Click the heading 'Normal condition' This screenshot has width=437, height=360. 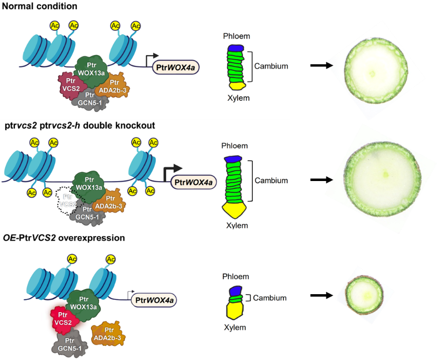pyautogui.click(x=40, y=7)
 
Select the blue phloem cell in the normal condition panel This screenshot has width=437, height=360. pyautogui.click(x=235, y=48)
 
